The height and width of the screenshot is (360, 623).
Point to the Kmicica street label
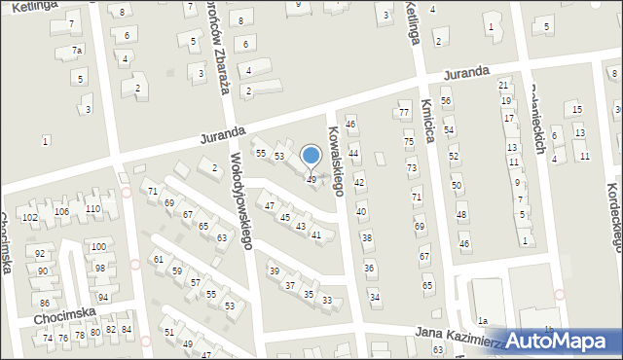[428, 123]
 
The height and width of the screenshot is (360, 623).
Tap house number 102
[29, 217]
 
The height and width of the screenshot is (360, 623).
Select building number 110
[92, 209]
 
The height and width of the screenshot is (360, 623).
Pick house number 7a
[77, 50]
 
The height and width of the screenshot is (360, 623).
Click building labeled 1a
[482, 319]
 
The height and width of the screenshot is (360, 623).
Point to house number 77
[404, 113]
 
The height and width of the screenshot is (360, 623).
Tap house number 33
[327, 300]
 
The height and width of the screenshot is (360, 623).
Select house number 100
[98, 247]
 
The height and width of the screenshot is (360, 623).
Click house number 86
[44, 304]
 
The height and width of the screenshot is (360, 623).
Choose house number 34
[375, 297]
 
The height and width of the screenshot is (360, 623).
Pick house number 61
[158, 259]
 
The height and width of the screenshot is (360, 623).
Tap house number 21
[503, 86]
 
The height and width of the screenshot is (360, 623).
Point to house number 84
[126, 330]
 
